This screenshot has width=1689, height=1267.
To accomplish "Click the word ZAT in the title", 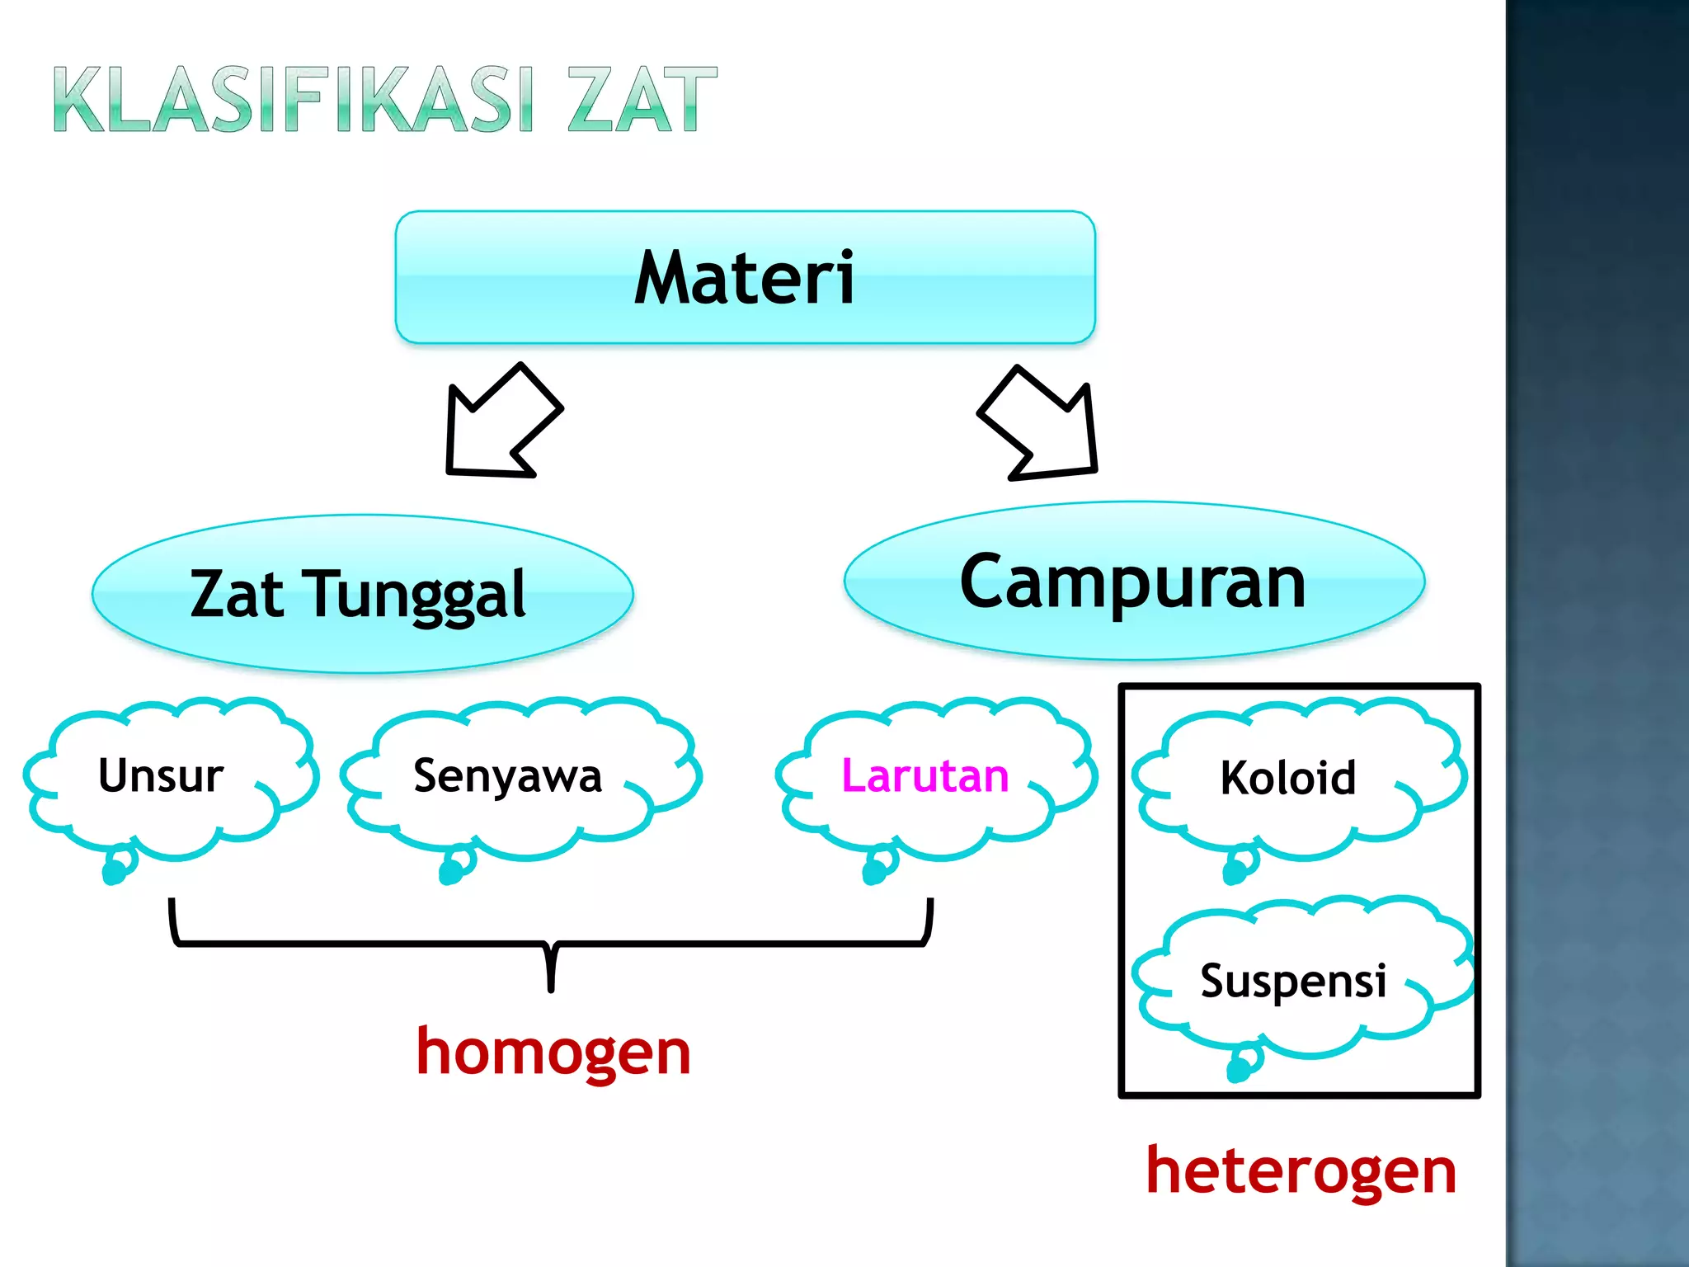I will pyautogui.click(x=642, y=101).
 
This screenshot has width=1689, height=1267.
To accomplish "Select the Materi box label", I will pyautogui.click(x=745, y=278).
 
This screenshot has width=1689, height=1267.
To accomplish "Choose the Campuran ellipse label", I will pyautogui.click(x=1133, y=582).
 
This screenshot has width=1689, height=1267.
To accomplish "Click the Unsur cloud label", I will pyautogui.click(x=161, y=775).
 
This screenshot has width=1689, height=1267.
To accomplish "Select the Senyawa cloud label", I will pyautogui.click(x=507, y=776).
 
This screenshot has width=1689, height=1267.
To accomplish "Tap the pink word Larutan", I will pyautogui.click(x=924, y=776).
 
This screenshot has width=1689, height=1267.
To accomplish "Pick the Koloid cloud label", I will pyautogui.click(x=1287, y=778).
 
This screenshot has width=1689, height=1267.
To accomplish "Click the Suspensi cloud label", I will pyautogui.click(x=1292, y=981).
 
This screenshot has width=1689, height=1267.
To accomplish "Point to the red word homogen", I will pyautogui.click(x=553, y=1053).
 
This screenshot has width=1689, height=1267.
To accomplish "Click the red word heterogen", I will pyautogui.click(x=1301, y=1171).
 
